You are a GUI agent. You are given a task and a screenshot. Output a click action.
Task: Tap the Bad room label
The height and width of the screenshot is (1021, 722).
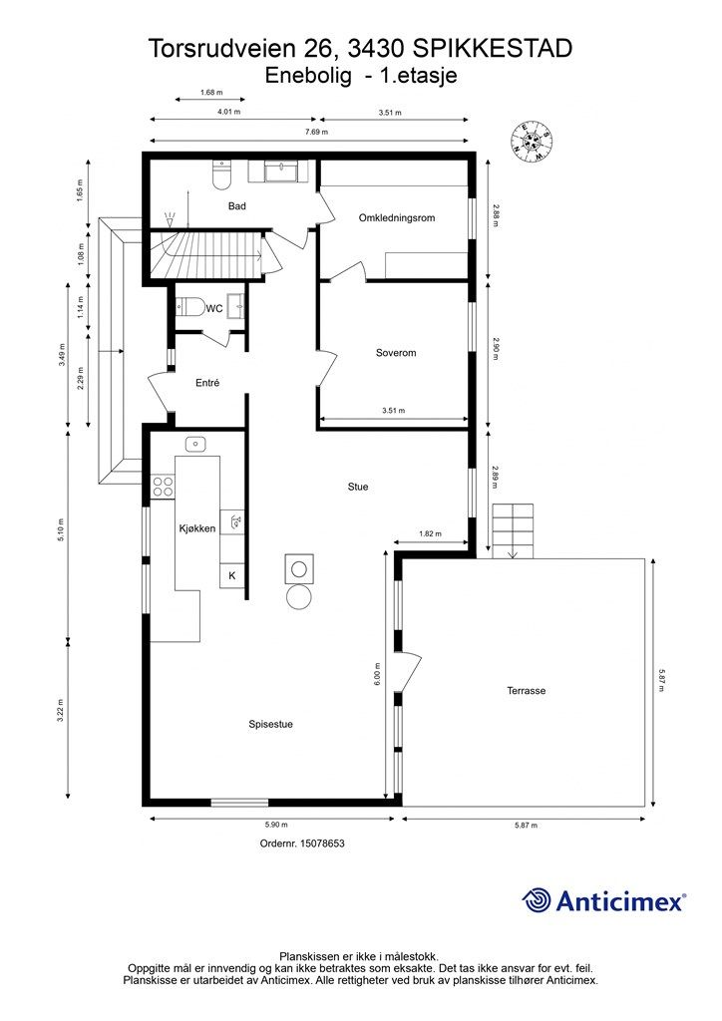(236, 206)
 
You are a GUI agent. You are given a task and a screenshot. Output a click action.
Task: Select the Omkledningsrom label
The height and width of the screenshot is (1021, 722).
(397, 217)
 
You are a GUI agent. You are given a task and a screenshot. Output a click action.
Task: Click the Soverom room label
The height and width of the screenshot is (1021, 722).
(395, 353)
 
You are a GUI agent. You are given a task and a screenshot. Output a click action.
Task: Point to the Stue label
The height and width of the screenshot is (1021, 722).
(357, 487)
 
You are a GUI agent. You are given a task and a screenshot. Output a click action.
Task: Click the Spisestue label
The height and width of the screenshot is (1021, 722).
(270, 725)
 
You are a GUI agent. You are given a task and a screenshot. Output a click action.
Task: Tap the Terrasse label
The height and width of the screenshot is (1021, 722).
(526, 690)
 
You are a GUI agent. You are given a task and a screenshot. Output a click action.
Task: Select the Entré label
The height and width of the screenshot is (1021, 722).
(206, 383)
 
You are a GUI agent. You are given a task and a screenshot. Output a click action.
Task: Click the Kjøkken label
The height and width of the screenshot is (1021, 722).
(197, 528)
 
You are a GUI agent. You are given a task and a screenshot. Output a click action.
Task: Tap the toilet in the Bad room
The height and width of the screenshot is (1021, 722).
(221, 175)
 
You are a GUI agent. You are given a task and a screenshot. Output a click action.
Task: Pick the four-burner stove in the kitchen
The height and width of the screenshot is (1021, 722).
(163, 486)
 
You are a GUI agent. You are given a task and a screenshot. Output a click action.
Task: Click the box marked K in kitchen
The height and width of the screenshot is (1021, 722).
(232, 576)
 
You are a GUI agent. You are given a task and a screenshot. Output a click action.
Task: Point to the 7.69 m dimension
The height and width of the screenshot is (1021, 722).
(311, 132)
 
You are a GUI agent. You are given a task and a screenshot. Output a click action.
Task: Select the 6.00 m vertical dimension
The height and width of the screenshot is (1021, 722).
(377, 674)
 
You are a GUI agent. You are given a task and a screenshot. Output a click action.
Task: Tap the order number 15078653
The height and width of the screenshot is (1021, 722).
(301, 843)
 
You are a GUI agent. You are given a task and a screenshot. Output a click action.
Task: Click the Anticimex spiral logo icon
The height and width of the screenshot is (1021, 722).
(538, 900)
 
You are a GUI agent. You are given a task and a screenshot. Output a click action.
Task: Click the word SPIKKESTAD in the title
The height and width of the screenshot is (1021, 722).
(493, 48)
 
